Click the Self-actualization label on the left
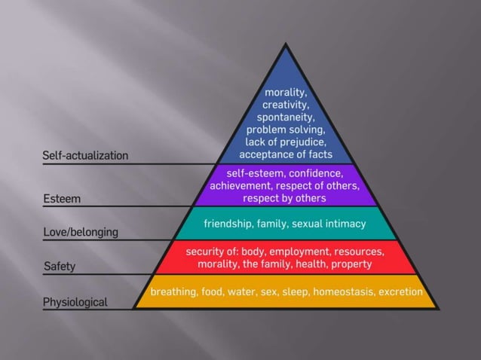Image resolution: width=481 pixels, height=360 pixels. tap(85, 156)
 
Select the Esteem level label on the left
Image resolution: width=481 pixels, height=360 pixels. tap(62, 199)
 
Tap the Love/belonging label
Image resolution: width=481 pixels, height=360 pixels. tap(81, 232)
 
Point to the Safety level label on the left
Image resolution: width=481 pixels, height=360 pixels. tap(60, 267)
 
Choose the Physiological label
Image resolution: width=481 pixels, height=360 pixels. tap(75, 302)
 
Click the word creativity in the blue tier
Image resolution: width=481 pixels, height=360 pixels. tap(285, 105)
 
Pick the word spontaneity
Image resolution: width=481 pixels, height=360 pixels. tap(285, 118)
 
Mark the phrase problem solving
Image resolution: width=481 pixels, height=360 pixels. tap(285, 130)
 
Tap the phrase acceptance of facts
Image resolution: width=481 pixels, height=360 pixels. tap(285, 155)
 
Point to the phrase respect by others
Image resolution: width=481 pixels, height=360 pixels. tap(285, 199)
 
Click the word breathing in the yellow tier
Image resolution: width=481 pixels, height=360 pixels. tap(173, 291)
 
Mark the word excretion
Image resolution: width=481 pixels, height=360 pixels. tap(400, 291)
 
